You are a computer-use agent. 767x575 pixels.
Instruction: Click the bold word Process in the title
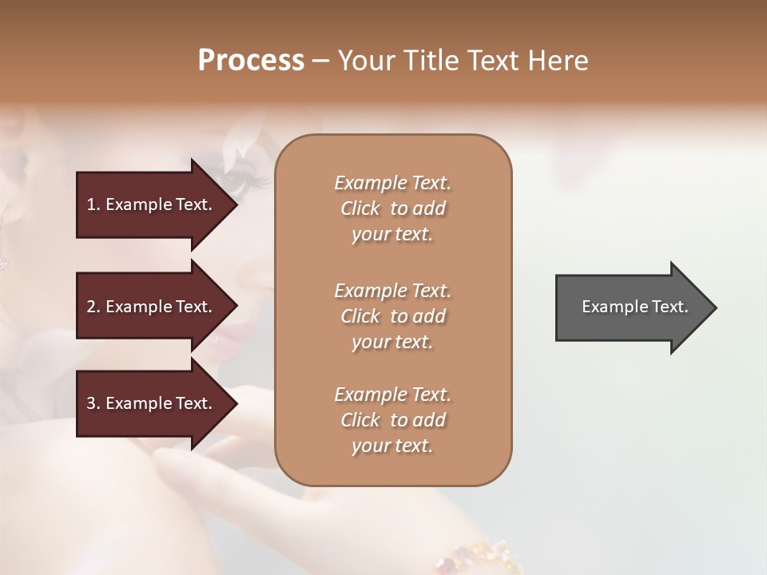(x=251, y=61)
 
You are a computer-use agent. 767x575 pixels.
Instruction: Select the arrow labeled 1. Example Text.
(x=152, y=204)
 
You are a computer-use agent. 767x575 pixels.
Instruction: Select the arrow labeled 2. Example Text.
(x=152, y=307)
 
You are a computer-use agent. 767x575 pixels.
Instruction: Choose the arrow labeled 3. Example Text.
(x=152, y=403)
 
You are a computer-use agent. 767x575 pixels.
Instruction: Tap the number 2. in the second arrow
(x=93, y=307)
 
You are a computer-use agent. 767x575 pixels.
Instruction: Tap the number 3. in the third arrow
(x=93, y=403)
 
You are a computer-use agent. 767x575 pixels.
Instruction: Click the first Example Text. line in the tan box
(x=392, y=183)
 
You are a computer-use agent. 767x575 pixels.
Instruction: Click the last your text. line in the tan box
(x=392, y=446)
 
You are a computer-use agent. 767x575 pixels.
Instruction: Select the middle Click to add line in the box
(x=392, y=316)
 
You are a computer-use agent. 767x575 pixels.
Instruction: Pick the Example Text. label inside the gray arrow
(x=634, y=307)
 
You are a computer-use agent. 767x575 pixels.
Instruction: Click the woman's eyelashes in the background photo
(x=249, y=177)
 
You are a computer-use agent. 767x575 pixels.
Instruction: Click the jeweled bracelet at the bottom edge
(x=479, y=559)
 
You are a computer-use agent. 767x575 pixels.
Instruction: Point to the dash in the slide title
(x=320, y=61)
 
